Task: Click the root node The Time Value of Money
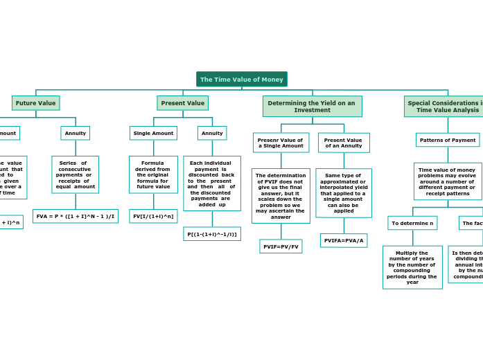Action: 241,80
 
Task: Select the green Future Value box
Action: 35,103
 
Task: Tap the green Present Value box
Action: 182,103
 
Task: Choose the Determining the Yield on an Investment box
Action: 312,107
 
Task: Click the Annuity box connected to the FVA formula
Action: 75,133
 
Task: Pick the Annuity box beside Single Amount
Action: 212,133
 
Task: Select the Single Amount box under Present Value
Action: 153,133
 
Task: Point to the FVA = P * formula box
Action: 76,216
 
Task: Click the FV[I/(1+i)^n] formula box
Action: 153,216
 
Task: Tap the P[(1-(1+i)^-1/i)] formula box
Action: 212,234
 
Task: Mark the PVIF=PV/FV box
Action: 281,246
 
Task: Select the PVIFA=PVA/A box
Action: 344,240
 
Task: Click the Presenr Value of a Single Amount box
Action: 281,143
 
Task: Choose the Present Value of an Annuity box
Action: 344,143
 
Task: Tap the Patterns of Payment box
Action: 448,140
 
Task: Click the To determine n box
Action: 412,223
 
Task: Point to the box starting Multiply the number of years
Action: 412,267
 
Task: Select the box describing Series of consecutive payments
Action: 75,174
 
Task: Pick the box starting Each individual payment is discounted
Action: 212,183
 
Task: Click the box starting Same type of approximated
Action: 344,193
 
